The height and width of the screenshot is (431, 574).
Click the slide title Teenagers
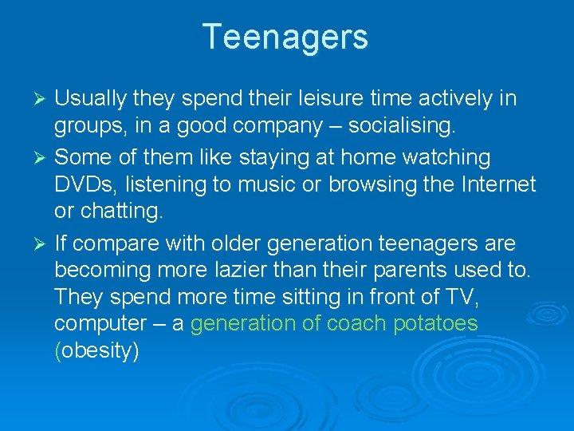[x=285, y=38]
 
